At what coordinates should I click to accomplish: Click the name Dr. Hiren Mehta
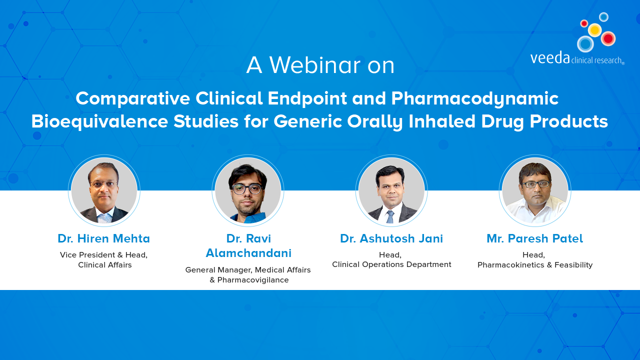click(x=103, y=238)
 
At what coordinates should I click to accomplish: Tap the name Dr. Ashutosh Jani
click(x=391, y=238)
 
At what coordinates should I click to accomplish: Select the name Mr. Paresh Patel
click(x=535, y=238)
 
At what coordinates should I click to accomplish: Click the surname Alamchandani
click(x=248, y=253)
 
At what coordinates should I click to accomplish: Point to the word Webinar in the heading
click(x=315, y=65)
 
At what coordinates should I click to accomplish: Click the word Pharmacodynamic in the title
click(x=475, y=99)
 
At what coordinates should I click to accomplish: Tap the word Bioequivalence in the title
click(x=99, y=121)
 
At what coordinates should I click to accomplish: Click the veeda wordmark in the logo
click(x=550, y=57)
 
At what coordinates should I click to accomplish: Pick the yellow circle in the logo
click(x=595, y=29)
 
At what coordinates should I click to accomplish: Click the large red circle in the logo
click(x=608, y=38)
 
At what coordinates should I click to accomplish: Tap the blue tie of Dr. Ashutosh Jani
click(x=390, y=217)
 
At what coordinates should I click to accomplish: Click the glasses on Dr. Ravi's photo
click(x=247, y=189)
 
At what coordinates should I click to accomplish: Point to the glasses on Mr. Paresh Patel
click(x=535, y=184)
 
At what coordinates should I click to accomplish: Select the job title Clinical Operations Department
click(x=391, y=264)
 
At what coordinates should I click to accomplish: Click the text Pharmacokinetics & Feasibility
click(x=535, y=265)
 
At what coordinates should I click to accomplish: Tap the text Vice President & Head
click(x=103, y=255)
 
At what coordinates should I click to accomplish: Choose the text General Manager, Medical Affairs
click(x=248, y=269)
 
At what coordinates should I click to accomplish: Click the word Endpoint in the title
click(x=307, y=98)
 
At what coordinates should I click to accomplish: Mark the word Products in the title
click(x=569, y=121)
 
